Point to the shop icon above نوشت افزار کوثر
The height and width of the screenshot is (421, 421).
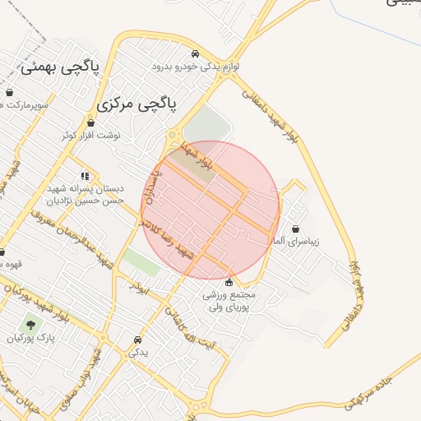[90, 123]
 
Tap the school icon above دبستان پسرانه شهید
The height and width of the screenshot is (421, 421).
[85, 175]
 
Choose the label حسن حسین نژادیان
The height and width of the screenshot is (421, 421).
[85, 199]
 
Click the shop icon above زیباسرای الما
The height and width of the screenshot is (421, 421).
[295, 229]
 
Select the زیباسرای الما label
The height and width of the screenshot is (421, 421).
[294, 243]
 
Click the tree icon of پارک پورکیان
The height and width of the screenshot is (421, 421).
[30, 325]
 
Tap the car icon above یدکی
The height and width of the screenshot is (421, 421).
[137, 340]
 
